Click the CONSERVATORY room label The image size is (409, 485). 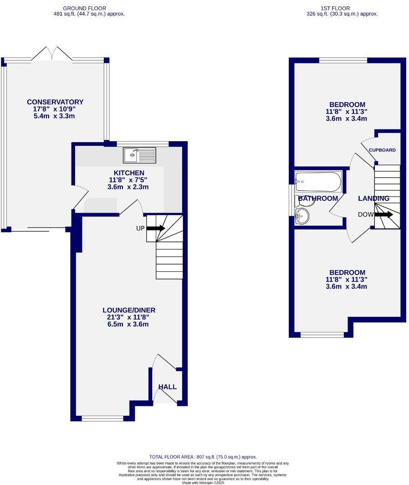pyautogui.click(x=55, y=102)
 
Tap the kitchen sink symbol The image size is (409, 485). pyautogui.click(x=139, y=155)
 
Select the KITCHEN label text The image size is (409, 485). pyautogui.click(x=129, y=173)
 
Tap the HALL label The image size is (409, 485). pyautogui.click(x=167, y=387)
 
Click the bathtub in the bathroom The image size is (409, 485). pyautogui.click(x=318, y=182)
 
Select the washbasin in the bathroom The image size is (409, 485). pyautogui.click(x=302, y=216)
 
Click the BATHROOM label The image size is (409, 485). pyautogui.click(x=318, y=199)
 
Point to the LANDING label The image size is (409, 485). pyautogui.click(x=373, y=199)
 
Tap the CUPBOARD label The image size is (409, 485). pyautogui.click(x=382, y=150)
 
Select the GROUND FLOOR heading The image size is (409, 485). pyautogui.click(x=85, y=8)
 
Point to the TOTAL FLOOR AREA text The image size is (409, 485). pyautogui.click(x=203, y=457)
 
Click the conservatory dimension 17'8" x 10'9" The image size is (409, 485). pyautogui.click(x=55, y=109)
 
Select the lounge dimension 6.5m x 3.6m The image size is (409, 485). pyautogui.click(x=126, y=325)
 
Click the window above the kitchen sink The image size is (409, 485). pyautogui.click(x=143, y=144)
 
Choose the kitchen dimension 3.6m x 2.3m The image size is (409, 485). pyautogui.click(x=129, y=187)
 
